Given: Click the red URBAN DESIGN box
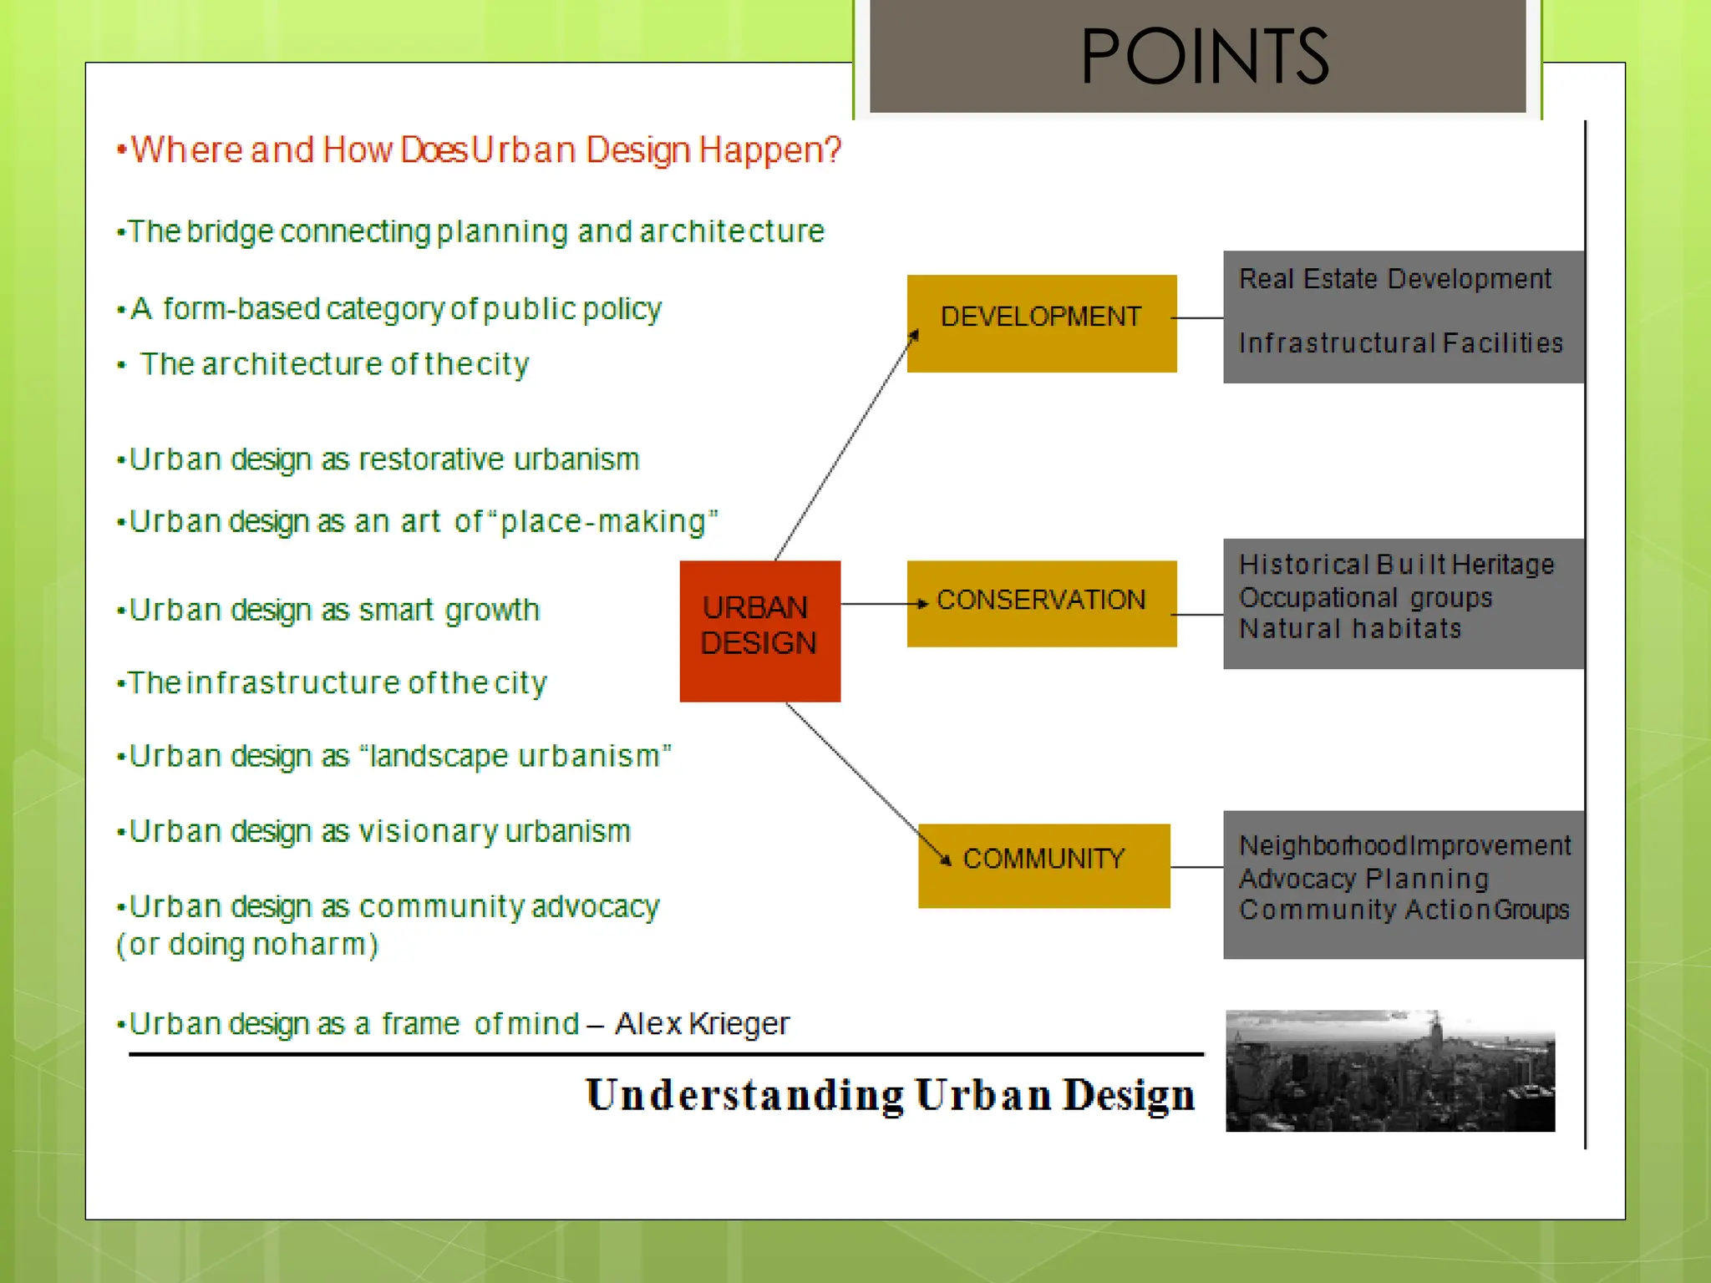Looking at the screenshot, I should pos(759,631).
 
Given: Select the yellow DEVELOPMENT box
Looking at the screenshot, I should pos(1041,323).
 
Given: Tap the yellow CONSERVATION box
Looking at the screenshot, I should pos(1041,603).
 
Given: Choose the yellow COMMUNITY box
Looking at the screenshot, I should pos(1043,865).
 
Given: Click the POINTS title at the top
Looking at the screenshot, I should pos(1203,57).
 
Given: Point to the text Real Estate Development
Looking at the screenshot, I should pos(1394,279).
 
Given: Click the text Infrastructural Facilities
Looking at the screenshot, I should pos(1400,343).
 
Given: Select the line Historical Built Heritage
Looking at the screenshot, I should pos(1396,565).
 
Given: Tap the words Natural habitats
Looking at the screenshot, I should pos(1350,628).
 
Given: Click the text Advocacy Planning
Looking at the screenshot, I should pos(1363,879).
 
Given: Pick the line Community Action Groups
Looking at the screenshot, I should pos(1404,910).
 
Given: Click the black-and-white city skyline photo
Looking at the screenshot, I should pos(1389,1071).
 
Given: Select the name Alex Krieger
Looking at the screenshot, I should pos(702,1023).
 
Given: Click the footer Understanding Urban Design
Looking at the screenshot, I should pos(890,1095).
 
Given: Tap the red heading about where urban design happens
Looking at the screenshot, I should pos(485,150).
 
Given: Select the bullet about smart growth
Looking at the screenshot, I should pos(334,611).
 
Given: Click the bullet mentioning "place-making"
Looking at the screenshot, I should pos(423,522).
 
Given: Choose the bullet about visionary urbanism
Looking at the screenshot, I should pos(379,832).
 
